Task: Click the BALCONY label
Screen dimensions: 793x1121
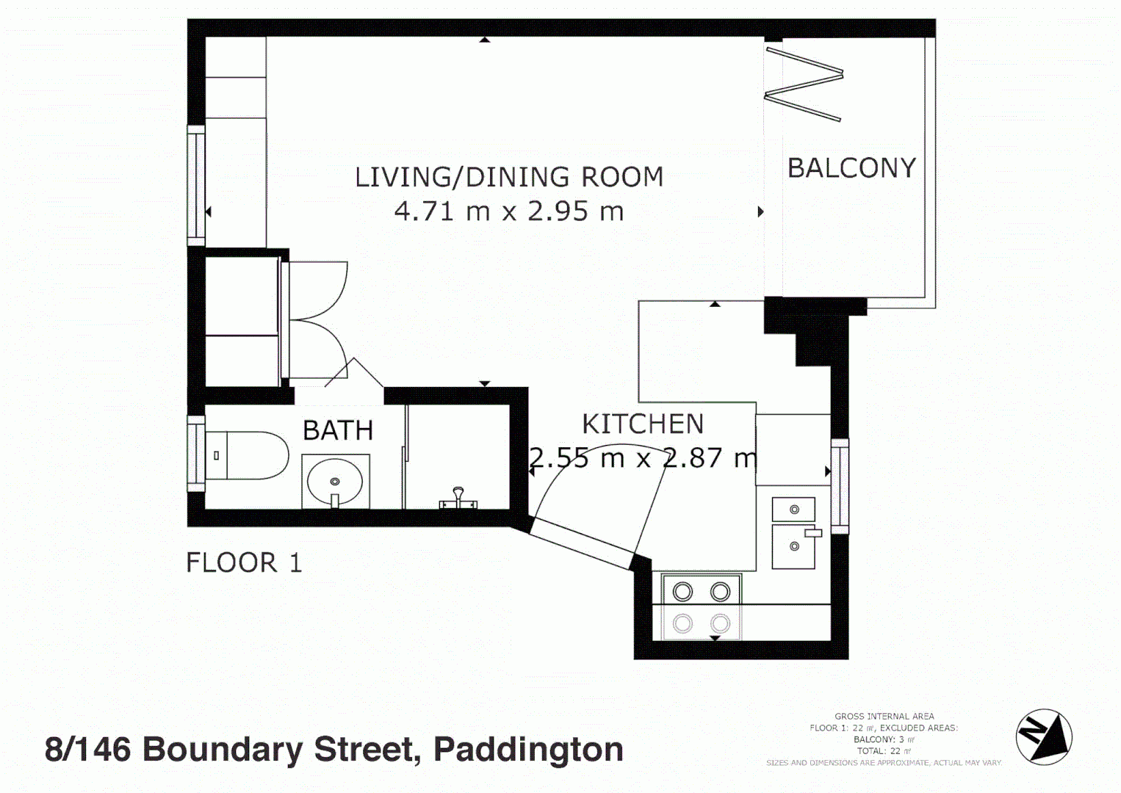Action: (x=851, y=168)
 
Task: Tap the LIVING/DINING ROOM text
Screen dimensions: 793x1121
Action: (x=509, y=177)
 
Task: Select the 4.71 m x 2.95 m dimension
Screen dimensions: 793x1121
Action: (x=509, y=211)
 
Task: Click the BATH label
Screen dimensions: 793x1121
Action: (x=338, y=430)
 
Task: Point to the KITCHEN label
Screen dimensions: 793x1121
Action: (x=643, y=424)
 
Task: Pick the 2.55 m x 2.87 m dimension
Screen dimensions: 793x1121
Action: (x=643, y=458)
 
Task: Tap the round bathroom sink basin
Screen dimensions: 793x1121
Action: (x=335, y=482)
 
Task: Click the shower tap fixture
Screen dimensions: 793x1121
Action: (x=458, y=499)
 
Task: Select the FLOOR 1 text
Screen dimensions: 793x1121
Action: (x=244, y=562)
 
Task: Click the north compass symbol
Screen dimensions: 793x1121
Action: (x=1044, y=736)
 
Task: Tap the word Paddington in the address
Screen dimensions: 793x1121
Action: (x=528, y=750)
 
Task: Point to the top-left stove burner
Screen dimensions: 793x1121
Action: (x=682, y=591)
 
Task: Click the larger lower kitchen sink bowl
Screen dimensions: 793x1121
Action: (x=793, y=546)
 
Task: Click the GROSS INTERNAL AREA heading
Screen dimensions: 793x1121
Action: (x=884, y=716)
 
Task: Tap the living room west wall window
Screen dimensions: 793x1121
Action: (x=196, y=185)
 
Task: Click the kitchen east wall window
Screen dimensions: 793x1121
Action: (x=840, y=486)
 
